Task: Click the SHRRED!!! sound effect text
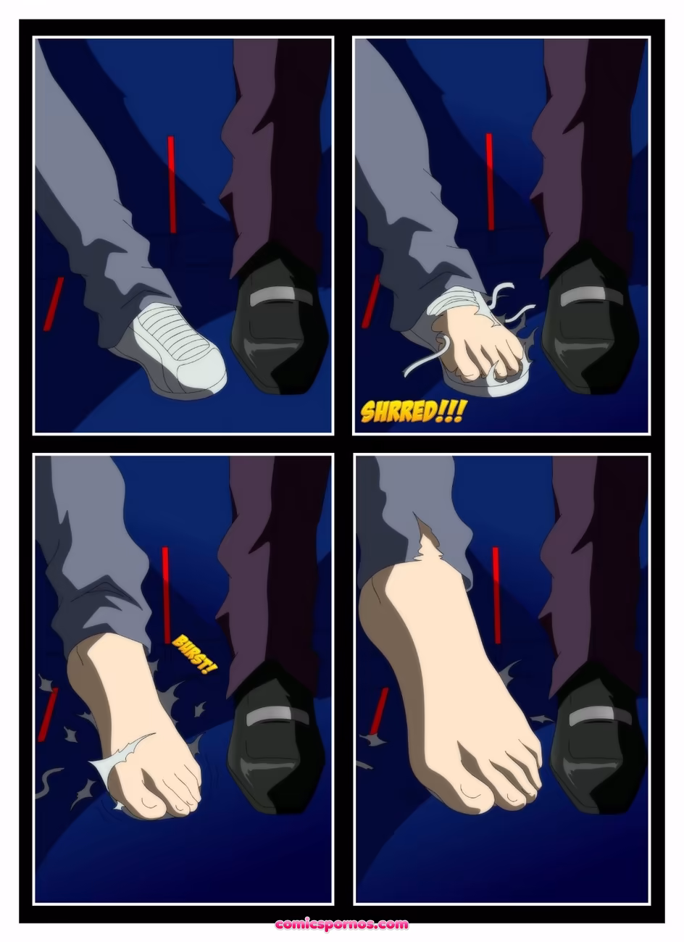point(413,412)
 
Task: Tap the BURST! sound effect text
point(194,654)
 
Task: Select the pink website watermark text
point(341,924)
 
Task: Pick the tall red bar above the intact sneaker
point(172,185)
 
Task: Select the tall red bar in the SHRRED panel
point(490,181)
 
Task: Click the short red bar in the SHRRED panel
point(371,301)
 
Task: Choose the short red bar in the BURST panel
point(48,714)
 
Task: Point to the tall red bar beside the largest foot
point(496,594)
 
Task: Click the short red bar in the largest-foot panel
point(378,710)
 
